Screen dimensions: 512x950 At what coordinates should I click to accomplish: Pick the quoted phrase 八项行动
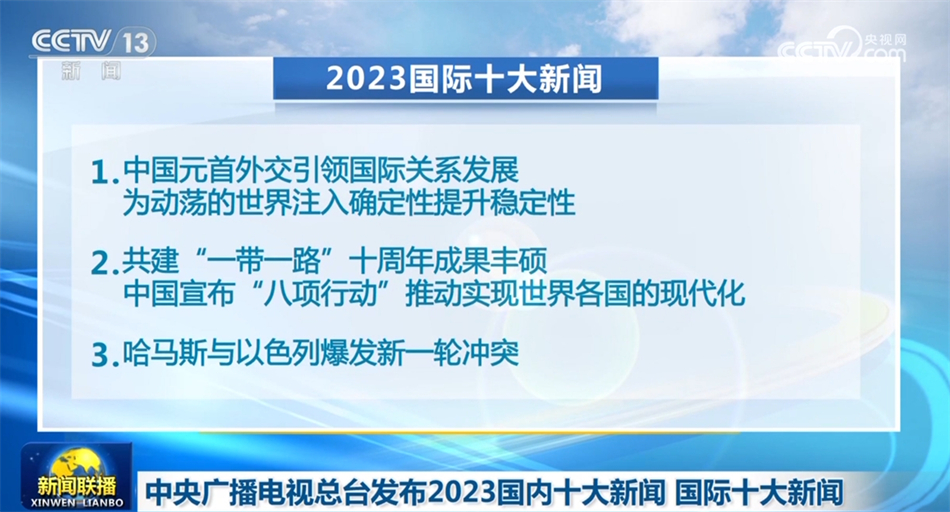click(x=332, y=294)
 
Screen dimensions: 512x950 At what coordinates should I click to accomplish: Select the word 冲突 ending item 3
click(x=495, y=353)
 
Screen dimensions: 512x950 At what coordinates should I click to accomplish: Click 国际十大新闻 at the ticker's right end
click(x=760, y=492)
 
